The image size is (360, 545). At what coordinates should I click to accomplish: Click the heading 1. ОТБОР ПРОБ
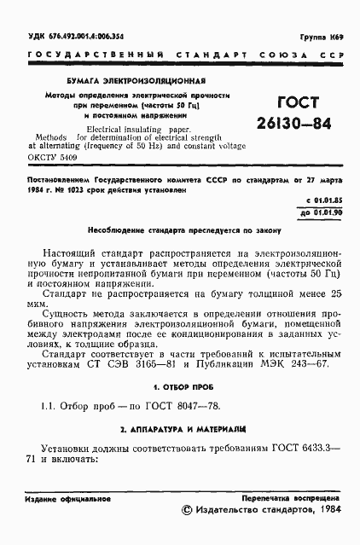point(178,386)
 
